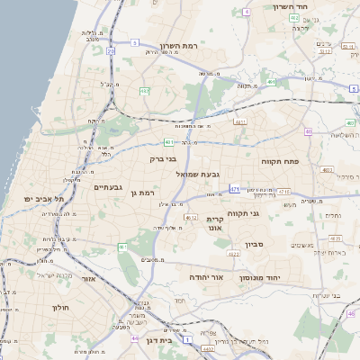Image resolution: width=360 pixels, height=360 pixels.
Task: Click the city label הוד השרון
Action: (293, 6)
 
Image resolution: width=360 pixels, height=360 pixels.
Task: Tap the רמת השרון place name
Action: (177, 46)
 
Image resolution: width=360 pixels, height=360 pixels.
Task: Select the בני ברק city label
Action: (163, 158)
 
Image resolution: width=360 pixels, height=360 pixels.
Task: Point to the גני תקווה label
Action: (265, 213)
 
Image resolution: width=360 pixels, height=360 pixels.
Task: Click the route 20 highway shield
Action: (111, 51)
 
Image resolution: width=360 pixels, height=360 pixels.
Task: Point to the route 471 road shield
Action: (234, 189)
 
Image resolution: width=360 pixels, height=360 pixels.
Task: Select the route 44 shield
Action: (134, 337)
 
